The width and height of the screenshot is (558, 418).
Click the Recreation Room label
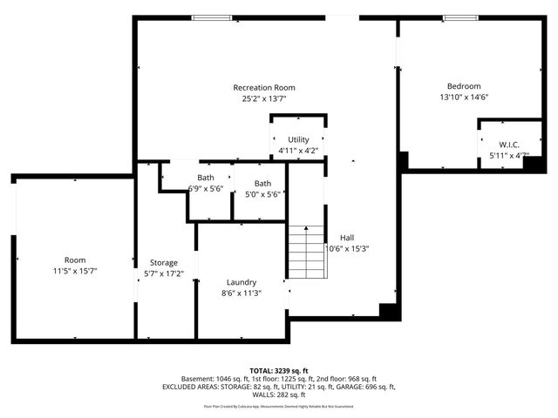263,87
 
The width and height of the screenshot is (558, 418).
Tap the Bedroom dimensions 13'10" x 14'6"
463,98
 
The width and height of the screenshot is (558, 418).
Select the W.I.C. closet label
510,145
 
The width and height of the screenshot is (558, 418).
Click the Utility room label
298,139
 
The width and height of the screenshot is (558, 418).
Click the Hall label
347,237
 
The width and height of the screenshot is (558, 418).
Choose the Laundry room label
241,282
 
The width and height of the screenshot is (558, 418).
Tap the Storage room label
163,262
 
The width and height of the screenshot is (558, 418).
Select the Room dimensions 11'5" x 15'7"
75,271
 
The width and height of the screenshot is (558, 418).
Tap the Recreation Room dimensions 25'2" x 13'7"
263,98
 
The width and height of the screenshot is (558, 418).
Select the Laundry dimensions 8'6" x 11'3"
241,293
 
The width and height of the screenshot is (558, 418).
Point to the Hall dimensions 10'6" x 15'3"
347,248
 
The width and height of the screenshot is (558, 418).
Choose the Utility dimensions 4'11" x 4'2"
298,151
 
